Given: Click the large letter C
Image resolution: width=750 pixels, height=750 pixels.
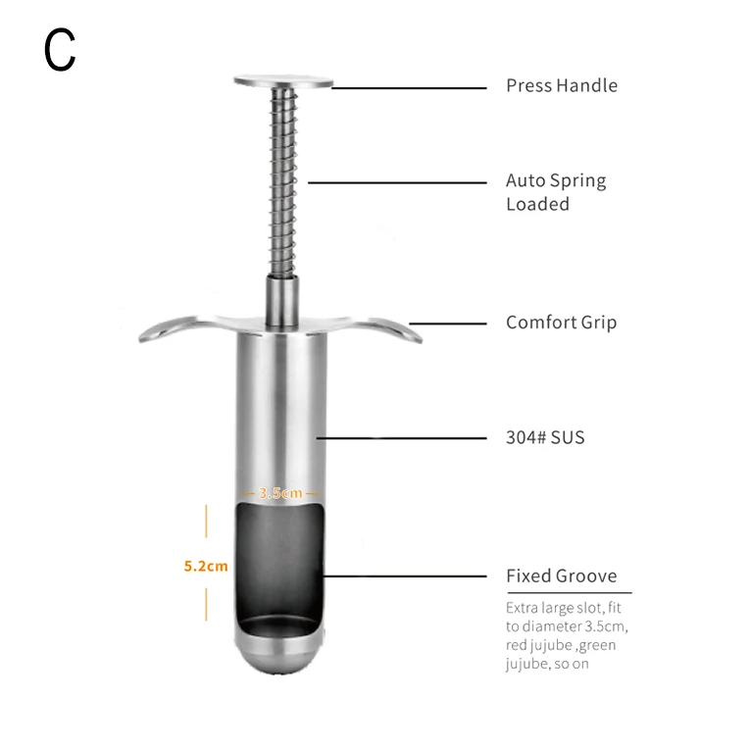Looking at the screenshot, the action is point(60,50).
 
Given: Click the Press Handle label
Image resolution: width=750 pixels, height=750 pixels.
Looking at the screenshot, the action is point(561,85).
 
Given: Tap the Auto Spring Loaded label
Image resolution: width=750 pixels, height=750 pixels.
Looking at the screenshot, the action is point(555,192).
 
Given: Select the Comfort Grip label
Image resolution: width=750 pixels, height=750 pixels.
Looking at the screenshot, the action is point(561,322).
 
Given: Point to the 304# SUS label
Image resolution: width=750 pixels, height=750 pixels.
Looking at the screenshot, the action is point(544,437).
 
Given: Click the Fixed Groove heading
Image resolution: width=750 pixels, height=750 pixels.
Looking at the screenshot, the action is point(561,575).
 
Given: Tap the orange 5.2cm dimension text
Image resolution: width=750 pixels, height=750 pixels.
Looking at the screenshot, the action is point(206,566).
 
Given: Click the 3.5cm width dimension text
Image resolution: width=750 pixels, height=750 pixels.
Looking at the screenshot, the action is point(280,492).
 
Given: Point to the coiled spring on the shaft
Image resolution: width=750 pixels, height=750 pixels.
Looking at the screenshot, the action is point(283,186).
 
